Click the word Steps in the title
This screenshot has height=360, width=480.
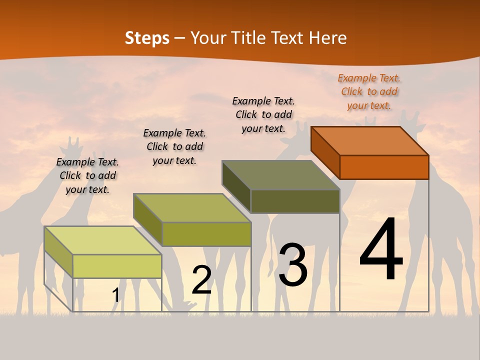click(x=147, y=38)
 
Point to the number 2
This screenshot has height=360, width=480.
click(x=201, y=280)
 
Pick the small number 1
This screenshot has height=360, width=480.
click(x=116, y=295)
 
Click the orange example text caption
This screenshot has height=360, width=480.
click(x=369, y=91)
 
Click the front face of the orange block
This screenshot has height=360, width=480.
click(x=384, y=167)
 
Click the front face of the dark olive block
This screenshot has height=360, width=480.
click(x=295, y=201)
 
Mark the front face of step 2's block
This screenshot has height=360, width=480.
click(x=206, y=234)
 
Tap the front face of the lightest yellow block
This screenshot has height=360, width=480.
click(x=117, y=266)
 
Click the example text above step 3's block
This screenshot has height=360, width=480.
click(x=263, y=114)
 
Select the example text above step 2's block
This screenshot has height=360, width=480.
click(x=174, y=146)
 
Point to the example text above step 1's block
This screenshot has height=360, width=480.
click(x=87, y=175)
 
